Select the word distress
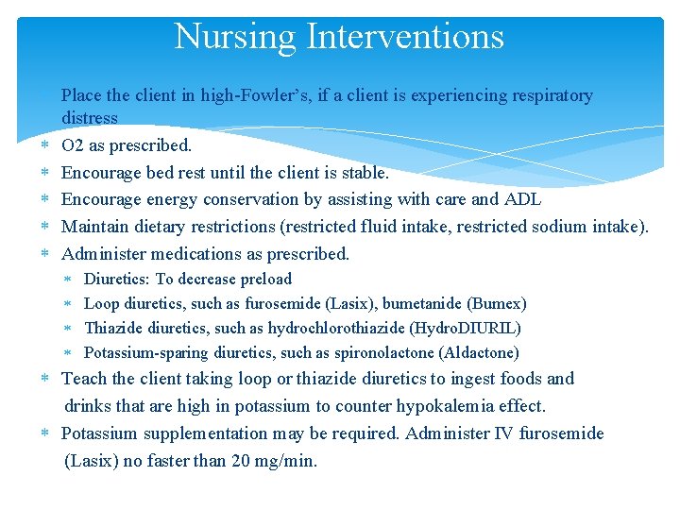(x=90, y=118)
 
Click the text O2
(x=73, y=145)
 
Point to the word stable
(x=363, y=173)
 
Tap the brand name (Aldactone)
(x=479, y=353)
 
